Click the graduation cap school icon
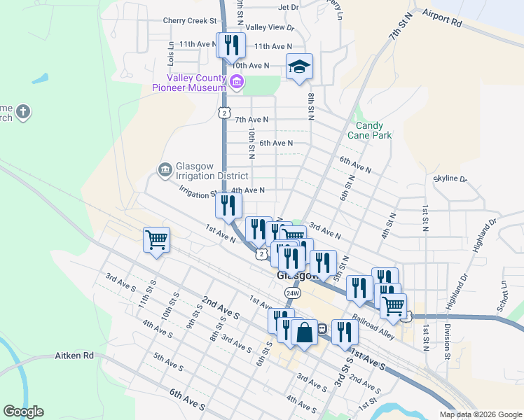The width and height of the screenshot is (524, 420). coord(299,67)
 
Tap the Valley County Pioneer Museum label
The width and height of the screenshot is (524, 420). coord(195,83)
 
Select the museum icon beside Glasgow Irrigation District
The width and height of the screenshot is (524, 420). coord(165,169)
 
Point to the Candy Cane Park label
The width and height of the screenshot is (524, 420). coord(373,131)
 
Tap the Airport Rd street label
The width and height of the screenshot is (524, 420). coord(443,17)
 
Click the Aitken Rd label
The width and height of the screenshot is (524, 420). coord(74,356)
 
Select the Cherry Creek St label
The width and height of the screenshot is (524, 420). coord(189,21)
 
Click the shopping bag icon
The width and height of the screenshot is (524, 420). coord(305,331)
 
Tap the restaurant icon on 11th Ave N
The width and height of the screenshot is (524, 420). coord(230,45)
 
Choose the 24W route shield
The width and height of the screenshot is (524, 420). coord(293,293)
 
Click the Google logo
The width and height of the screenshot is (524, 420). coord(23,412)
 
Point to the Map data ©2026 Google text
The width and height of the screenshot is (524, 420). coord(480,414)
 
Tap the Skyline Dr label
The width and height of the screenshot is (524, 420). coord(450,179)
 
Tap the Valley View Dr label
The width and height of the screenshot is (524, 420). coord(270,27)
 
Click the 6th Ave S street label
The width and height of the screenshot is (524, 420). coord(186,400)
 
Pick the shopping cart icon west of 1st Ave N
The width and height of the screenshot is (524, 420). coord(156,239)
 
